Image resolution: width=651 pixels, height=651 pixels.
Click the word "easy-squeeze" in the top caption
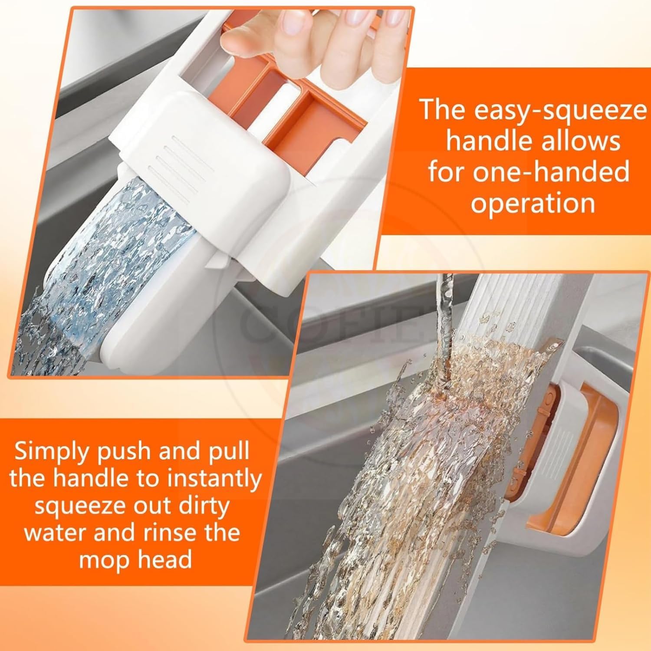(560, 111)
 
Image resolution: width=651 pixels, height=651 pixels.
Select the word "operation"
(533, 203)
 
